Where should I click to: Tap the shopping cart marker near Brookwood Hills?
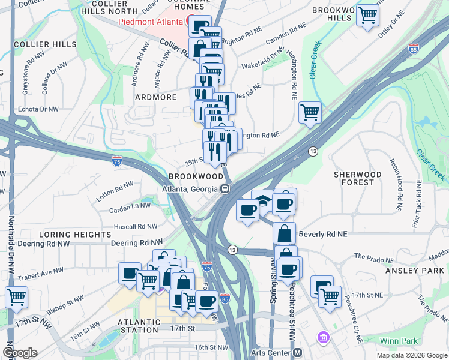click(x=367, y=16)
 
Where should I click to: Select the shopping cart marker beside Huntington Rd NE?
click(x=310, y=112)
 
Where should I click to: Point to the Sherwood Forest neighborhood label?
click(x=357, y=178)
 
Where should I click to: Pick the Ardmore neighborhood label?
click(x=155, y=97)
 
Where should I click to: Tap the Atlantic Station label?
click(x=140, y=326)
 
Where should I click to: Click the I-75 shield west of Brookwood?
click(x=117, y=160)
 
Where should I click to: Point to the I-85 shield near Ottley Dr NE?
click(x=413, y=49)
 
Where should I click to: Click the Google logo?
click(x=20, y=352)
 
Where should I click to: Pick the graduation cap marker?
click(x=262, y=202)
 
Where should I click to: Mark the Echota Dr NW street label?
click(x=38, y=109)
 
